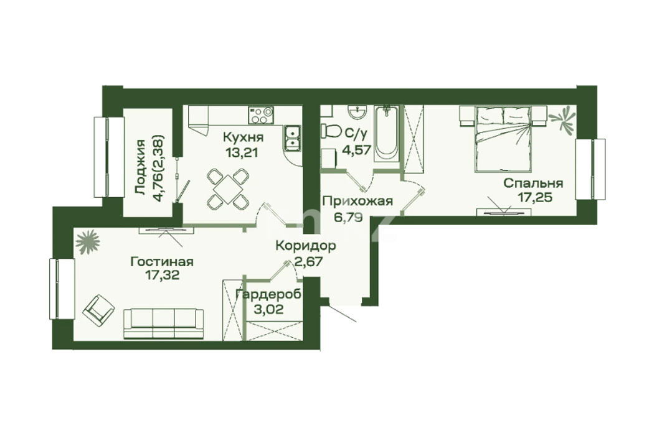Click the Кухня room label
coord(243,138)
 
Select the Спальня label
coord(533,184)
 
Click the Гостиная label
coord(162,262)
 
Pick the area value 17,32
coord(162,276)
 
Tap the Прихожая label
coord(357,202)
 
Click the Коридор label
coord(306,246)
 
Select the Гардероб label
coord(268,295)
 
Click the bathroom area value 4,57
coord(358,149)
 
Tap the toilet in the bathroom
coord(331,130)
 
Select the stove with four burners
coord(261,115)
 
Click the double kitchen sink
coord(292,138)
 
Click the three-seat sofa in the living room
coord(164,324)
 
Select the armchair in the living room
coord(99,309)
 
